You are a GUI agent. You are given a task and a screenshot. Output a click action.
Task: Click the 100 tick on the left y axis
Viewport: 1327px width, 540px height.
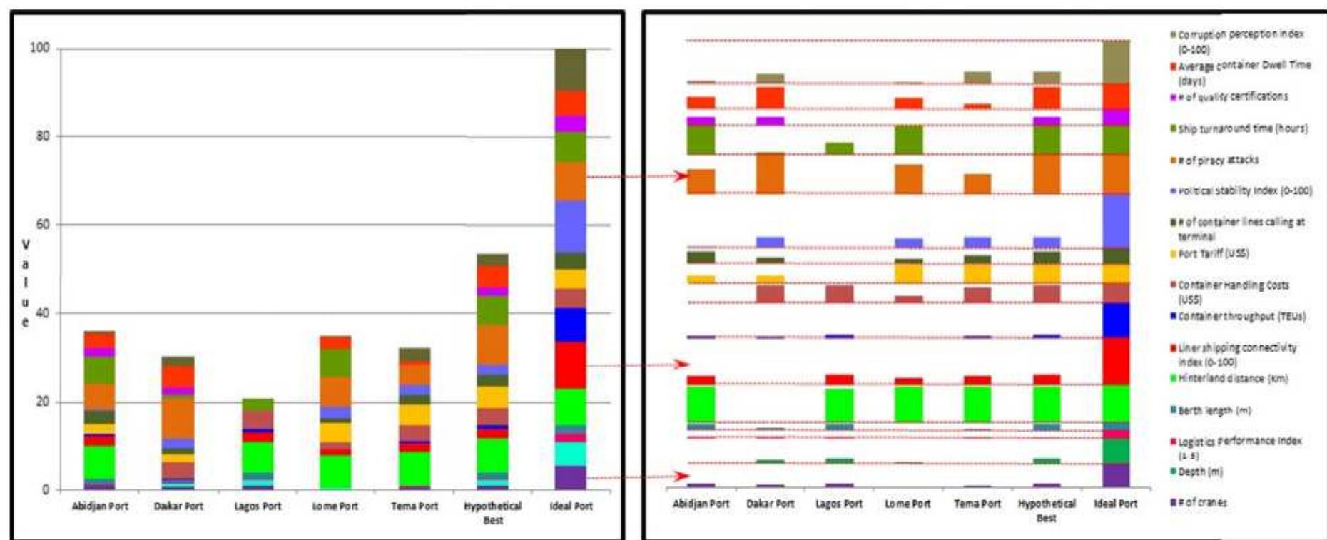(x=39, y=48)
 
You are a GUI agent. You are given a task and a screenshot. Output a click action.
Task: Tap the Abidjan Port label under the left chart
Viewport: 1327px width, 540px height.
(x=100, y=506)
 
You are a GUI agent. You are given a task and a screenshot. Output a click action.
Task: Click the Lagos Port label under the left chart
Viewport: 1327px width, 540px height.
(x=258, y=506)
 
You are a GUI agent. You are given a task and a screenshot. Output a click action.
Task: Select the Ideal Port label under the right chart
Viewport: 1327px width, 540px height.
(x=1115, y=504)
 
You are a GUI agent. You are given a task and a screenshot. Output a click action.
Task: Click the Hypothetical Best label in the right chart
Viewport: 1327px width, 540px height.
(x=1046, y=510)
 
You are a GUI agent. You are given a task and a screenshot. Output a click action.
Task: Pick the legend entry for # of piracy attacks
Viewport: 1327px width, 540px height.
(x=1217, y=161)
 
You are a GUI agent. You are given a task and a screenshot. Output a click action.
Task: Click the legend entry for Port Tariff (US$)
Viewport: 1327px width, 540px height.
(x=1213, y=253)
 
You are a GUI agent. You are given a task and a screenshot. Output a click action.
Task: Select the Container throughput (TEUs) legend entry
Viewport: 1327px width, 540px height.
(x=1241, y=316)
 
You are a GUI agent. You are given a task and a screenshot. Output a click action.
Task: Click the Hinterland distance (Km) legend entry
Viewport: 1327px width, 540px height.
(x=1232, y=379)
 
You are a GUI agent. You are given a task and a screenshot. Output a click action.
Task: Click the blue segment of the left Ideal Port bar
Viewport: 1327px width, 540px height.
(x=570, y=325)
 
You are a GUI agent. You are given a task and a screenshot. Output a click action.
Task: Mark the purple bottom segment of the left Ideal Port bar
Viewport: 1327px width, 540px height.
(x=570, y=477)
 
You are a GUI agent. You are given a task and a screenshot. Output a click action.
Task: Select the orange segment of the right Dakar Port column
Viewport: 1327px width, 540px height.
(x=771, y=173)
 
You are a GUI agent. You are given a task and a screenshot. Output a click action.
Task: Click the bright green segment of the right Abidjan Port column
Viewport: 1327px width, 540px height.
(x=701, y=404)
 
